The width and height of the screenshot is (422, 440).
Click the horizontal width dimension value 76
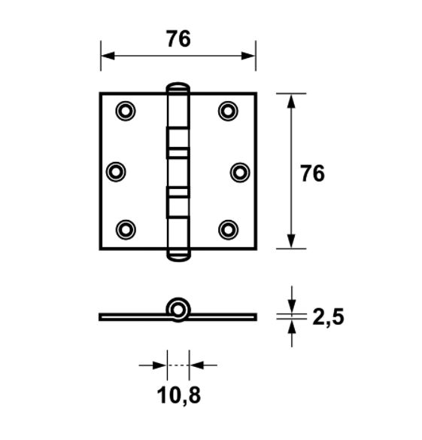[x=178, y=38]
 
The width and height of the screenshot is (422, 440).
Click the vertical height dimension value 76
[x=312, y=173]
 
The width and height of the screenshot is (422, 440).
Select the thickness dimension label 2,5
[x=327, y=317]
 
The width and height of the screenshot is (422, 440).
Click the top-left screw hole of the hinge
[x=126, y=111]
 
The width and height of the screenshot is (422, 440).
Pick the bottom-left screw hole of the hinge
[x=126, y=228]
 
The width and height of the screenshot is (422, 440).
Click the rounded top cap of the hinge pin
[x=178, y=87]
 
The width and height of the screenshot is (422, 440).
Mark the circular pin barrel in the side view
[x=178, y=308]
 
